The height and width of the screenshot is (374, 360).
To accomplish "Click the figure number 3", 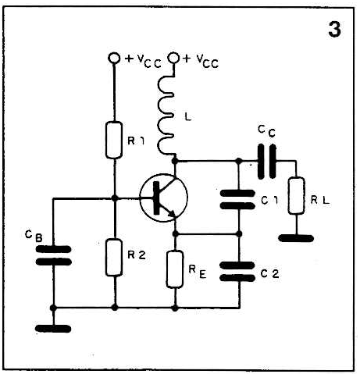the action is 334,30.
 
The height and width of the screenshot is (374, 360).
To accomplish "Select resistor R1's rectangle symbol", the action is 114,140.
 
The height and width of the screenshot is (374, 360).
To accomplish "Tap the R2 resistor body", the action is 114,257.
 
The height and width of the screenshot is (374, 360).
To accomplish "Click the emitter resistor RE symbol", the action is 175,269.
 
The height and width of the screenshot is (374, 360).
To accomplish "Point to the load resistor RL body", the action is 296,195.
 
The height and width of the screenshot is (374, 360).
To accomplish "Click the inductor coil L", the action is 166,115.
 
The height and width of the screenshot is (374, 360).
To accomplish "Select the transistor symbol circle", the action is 163,198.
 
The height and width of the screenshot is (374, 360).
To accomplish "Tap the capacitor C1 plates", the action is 237,200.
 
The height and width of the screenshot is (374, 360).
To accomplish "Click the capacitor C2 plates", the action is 237,272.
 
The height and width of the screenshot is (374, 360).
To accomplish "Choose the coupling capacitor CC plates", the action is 267,162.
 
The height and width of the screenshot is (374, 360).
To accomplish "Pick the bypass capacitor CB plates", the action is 53,255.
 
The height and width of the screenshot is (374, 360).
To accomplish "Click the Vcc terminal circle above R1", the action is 114,58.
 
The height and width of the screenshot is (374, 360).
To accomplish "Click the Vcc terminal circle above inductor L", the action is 173,58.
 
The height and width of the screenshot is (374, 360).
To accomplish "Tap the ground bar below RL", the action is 296,238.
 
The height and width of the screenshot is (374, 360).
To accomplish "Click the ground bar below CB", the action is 53,329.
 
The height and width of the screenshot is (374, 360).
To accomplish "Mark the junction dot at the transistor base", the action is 114,198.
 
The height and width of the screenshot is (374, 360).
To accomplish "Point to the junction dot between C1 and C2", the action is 239,233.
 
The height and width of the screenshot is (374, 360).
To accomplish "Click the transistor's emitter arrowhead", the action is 171,213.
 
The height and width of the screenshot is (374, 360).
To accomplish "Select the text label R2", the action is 137,255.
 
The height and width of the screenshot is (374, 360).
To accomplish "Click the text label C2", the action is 270,274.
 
